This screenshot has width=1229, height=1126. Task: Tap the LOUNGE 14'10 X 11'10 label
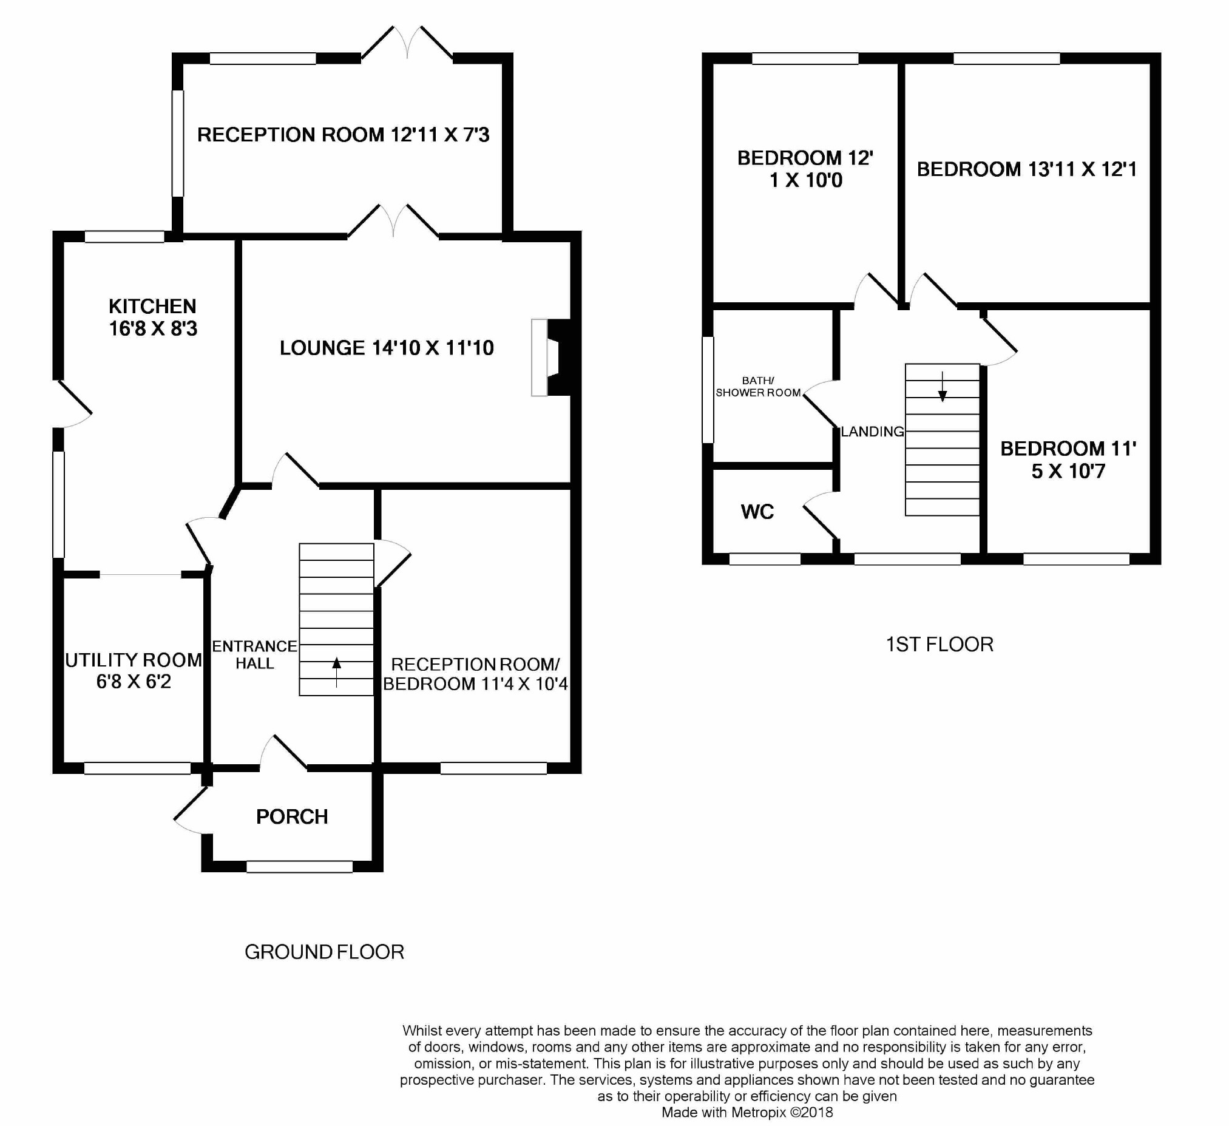(x=387, y=348)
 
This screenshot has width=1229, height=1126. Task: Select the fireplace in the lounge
(x=551, y=358)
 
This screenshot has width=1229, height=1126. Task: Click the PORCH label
(x=292, y=817)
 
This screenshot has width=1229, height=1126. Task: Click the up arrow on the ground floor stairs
(x=336, y=673)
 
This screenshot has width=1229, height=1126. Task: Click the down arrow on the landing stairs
(x=943, y=387)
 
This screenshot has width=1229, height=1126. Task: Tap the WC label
(x=757, y=512)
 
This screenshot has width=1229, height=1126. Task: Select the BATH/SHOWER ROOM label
(x=759, y=387)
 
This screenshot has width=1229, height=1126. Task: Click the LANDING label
(x=872, y=432)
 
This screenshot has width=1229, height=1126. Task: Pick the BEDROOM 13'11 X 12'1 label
(x=1027, y=169)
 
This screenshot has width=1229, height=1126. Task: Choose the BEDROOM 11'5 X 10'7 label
(x=1068, y=460)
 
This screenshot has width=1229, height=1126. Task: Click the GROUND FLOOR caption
(x=324, y=952)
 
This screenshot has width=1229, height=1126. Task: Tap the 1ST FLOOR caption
(x=940, y=645)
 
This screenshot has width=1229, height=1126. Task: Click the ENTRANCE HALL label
(x=255, y=655)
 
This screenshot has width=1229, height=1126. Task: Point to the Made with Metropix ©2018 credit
(x=747, y=1112)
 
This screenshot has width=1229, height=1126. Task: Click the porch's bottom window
(x=299, y=866)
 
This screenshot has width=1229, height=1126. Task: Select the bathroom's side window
(x=708, y=390)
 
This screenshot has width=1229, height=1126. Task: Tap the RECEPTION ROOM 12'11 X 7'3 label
(x=344, y=135)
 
